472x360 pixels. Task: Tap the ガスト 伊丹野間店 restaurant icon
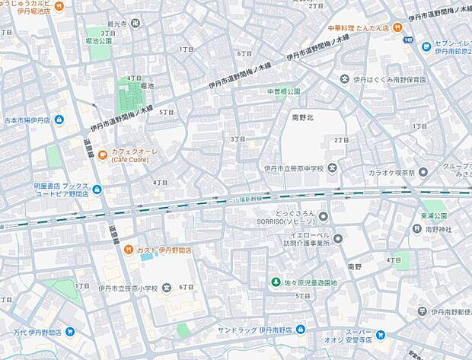[x=130, y=250]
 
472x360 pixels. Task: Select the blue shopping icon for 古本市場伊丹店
[x=59, y=120]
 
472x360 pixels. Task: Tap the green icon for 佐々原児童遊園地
[x=276, y=283]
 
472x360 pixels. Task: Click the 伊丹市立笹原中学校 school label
[x=293, y=167]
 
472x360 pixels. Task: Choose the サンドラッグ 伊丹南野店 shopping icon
[x=301, y=330]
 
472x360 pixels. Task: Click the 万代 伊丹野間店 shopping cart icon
[x=70, y=332]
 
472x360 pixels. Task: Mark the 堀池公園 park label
[x=99, y=40]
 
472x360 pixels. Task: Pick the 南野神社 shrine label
[x=439, y=228]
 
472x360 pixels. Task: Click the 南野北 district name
[x=302, y=117]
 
